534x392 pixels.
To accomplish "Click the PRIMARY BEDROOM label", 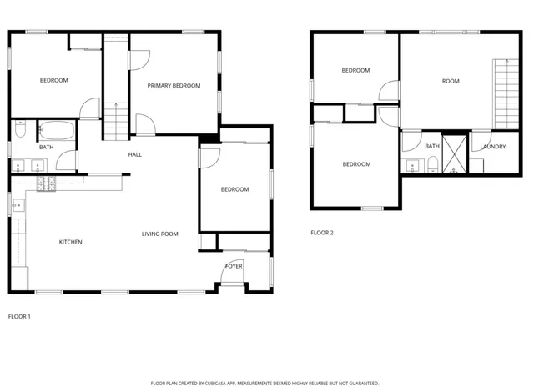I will [x=174, y=86].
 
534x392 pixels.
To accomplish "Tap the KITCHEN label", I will [x=70, y=242].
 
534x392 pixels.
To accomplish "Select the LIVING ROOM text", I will [x=159, y=234].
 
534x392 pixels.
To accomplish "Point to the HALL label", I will [x=134, y=155].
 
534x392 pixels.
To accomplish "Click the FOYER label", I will [x=234, y=266].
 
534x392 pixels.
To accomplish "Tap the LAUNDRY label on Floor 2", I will [x=493, y=147].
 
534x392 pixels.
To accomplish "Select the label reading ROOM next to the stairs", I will [x=451, y=81].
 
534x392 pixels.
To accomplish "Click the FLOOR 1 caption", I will [x=19, y=317].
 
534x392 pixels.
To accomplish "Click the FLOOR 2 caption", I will [x=322, y=233].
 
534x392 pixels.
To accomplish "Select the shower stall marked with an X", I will [x=455, y=151].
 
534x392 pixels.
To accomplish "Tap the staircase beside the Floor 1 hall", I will [x=114, y=121].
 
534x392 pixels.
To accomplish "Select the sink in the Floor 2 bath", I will [x=412, y=164].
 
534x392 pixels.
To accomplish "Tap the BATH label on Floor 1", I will [x=45, y=148].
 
